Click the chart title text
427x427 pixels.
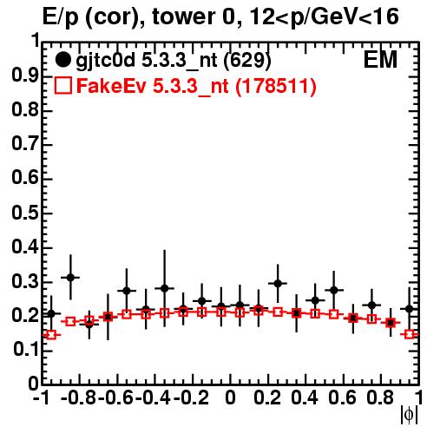point(220,16)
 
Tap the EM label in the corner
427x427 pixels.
point(380,60)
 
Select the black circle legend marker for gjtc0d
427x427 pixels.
point(62,60)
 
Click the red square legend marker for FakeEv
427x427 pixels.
point(62,85)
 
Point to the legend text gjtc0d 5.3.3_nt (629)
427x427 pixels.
point(173,61)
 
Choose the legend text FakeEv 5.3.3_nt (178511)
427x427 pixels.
point(197,86)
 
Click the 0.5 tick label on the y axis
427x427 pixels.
point(25,213)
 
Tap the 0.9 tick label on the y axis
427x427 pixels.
point(25,76)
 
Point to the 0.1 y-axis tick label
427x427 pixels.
point(26,350)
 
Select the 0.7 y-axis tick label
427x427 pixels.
point(25,144)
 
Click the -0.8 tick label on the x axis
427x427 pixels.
point(79,398)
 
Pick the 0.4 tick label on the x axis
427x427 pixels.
point(305,398)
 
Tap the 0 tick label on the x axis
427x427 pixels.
point(230,398)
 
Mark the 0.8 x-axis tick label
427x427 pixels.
point(380,398)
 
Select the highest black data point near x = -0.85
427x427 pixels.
point(70,278)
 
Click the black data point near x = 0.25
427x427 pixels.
point(278,283)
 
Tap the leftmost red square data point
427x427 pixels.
point(51,335)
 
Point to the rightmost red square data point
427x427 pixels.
point(410,334)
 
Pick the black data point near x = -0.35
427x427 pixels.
point(164,288)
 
